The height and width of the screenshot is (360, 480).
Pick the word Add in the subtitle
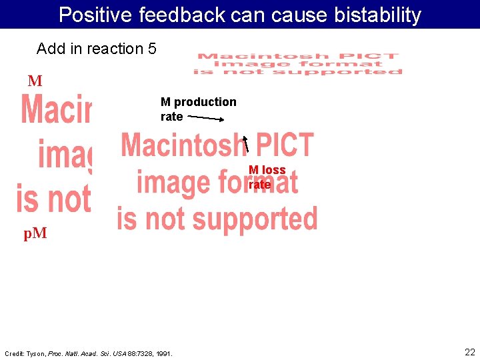click(x=49, y=49)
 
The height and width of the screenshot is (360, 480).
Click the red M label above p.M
click(x=35, y=81)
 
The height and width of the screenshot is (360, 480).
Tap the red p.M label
click(x=35, y=233)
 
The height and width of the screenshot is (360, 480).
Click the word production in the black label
click(x=205, y=102)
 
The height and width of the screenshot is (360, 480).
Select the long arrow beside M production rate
click(x=205, y=118)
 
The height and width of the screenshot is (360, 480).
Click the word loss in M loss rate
click(x=273, y=170)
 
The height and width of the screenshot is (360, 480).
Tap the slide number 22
click(x=469, y=352)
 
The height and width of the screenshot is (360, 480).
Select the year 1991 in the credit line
click(x=164, y=353)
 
